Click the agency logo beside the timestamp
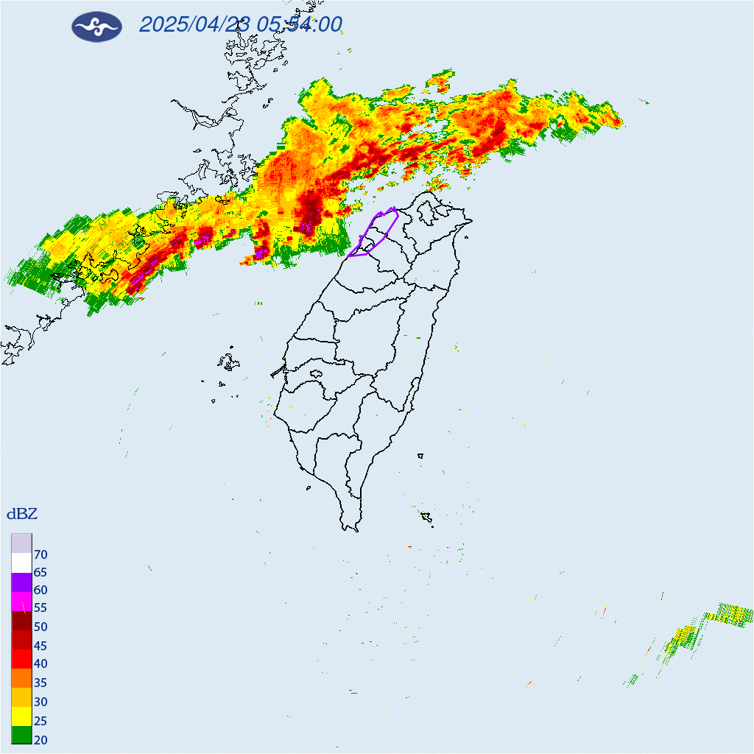96,27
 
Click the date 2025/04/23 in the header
194,25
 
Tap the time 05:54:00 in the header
300,25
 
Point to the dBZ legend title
22,513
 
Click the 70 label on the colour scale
41,554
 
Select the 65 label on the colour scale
41,572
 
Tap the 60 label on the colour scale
41,591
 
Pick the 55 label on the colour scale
41,608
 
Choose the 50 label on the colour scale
41,627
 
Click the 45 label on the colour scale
41,646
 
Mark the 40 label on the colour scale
41,664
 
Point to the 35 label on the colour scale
41,683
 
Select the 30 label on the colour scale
41,702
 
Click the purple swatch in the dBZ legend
21,582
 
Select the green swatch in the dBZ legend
21,734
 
